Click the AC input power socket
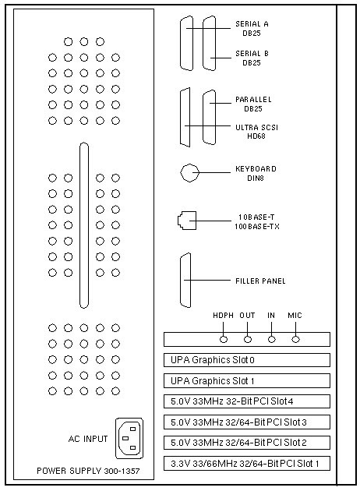(x=129, y=438)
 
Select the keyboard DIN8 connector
(x=189, y=172)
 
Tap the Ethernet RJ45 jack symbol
(x=187, y=221)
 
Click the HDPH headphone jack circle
(x=224, y=340)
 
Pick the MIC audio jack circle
(x=295, y=340)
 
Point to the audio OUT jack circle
(x=248, y=340)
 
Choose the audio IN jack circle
(x=272, y=340)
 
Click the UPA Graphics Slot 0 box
(x=247, y=360)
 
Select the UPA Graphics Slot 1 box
(x=247, y=381)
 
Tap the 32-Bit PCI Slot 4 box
(x=247, y=401)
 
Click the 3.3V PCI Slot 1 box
(x=247, y=464)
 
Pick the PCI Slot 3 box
(x=247, y=422)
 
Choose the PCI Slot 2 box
(x=247, y=443)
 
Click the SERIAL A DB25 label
(x=252, y=29)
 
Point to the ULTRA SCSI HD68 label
(x=256, y=132)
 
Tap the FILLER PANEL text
(x=260, y=281)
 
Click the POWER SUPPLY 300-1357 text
(x=88, y=471)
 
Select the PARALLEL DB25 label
(x=253, y=104)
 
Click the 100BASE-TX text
(x=257, y=226)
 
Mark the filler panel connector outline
(x=181, y=281)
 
